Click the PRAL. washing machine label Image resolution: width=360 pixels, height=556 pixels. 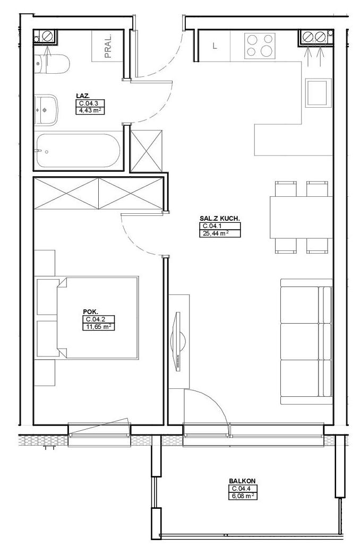point(108,46)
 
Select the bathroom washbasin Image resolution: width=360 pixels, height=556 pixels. point(46,110)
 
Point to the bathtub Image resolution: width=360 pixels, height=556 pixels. point(78,151)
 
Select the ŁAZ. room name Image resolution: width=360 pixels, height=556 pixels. point(82,95)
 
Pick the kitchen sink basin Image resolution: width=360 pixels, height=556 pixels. point(318,92)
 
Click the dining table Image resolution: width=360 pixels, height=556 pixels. point(301,217)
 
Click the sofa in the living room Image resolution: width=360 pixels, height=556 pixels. point(306,342)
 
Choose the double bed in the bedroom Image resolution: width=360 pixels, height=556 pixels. point(97,318)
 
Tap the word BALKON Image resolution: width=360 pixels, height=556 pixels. point(242,481)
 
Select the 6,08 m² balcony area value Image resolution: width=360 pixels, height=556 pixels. point(242,496)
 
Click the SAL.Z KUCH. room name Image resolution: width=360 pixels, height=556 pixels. point(220,219)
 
